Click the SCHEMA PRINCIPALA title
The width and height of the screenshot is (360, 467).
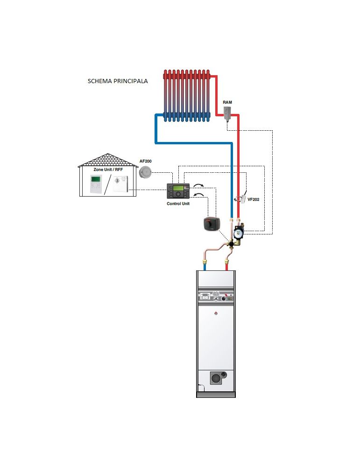click(x=118, y=81)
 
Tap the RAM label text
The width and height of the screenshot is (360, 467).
click(x=227, y=102)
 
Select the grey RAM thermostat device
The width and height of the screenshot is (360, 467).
click(x=228, y=113)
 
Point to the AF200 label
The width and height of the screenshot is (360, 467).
click(x=146, y=161)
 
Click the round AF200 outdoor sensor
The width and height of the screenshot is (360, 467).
click(x=145, y=172)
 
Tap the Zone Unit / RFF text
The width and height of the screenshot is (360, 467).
click(x=108, y=170)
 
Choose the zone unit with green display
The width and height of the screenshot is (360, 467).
click(x=96, y=184)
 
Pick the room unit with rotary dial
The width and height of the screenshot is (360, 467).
click(x=120, y=184)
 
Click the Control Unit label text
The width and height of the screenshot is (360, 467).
click(x=178, y=204)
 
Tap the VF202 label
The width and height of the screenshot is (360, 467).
click(x=254, y=199)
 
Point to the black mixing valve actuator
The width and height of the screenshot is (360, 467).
click(x=212, y=224)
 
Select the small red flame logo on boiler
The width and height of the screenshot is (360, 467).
click(x=216, y=313)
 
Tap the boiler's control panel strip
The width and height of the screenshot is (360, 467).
click(x=216, y=297)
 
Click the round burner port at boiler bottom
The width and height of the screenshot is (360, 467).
click(x=216, y=379)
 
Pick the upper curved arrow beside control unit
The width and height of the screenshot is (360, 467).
click(x=198, y=186)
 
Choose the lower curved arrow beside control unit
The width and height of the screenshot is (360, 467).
click(x=198, y=195)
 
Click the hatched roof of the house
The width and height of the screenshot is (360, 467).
click(x=108, y=160)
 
